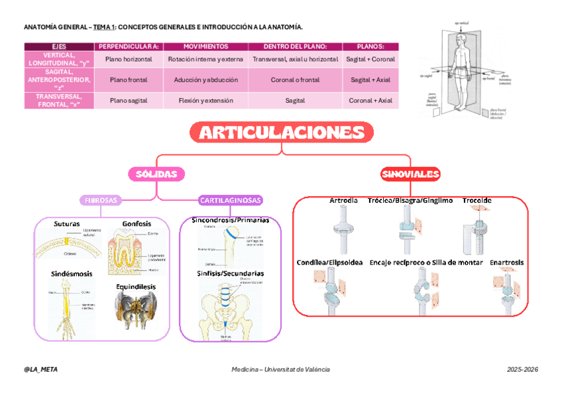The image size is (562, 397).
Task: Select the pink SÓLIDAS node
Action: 156,174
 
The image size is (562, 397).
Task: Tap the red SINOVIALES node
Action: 411,174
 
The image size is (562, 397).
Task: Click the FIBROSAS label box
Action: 101,199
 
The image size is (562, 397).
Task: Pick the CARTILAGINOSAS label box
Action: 231,199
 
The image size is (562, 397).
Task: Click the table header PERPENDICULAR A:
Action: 129,46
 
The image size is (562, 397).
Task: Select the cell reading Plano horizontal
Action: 129,59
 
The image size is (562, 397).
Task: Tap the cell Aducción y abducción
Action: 205,80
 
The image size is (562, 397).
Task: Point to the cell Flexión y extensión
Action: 205,101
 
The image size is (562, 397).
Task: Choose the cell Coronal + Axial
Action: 370,101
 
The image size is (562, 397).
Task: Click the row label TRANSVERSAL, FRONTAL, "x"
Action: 58,101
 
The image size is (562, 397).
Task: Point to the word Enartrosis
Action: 506,262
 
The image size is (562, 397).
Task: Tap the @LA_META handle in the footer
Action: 40,369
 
